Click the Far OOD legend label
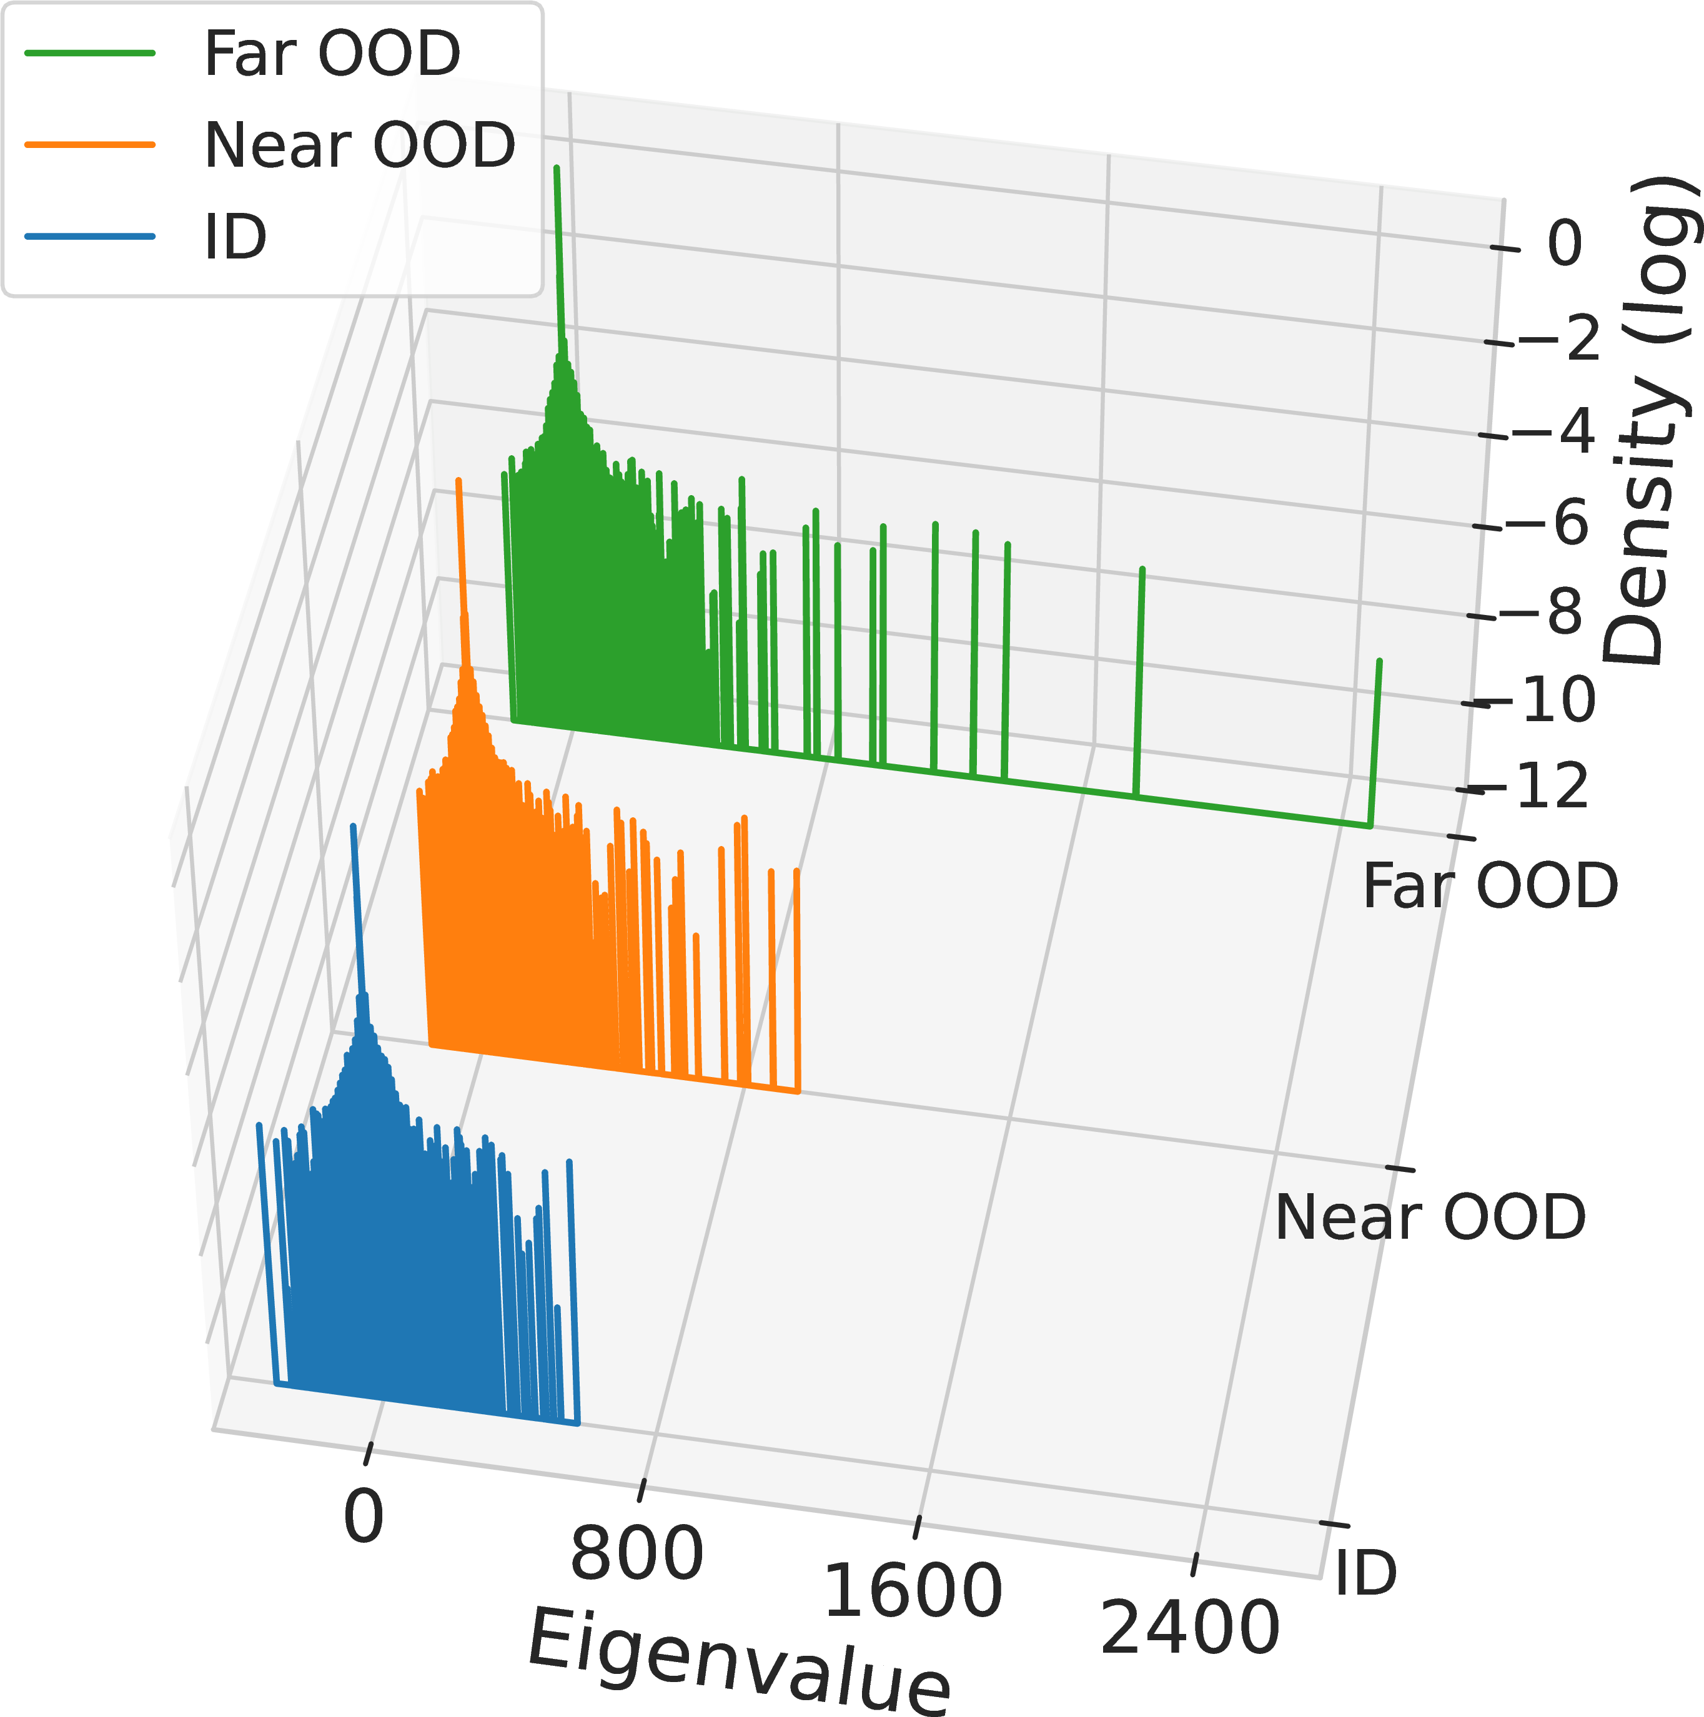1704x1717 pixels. tap(332, 53)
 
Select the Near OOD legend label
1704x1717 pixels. tap(360, 145)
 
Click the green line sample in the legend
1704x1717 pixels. tap(90, 53)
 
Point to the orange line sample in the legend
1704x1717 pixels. tap(90, 145)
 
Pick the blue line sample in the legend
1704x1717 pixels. tap(90, 237)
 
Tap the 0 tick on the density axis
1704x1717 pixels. tap(1565, 243)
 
